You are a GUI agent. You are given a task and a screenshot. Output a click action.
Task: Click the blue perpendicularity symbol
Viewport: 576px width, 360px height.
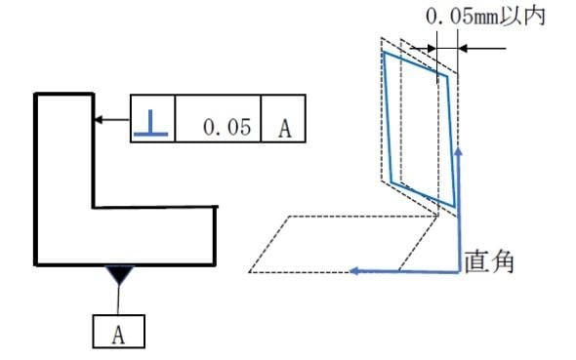151,123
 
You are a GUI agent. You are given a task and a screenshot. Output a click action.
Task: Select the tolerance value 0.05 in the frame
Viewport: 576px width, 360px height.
227,127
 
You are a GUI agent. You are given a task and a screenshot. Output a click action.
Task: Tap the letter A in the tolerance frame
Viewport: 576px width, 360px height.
285,129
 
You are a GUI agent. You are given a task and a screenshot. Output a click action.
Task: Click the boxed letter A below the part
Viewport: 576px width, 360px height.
118,335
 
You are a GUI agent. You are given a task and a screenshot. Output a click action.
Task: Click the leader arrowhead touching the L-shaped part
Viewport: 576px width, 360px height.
99,120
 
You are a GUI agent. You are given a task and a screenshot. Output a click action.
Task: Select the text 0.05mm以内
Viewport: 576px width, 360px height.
485,17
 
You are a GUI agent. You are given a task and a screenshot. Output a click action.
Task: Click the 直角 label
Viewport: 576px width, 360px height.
488,261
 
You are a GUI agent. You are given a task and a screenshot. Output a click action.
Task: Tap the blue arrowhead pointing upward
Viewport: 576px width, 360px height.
458,151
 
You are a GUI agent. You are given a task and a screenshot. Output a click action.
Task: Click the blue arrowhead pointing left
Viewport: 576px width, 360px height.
354,271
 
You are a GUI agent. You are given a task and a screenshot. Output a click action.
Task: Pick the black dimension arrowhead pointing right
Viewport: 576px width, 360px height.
431,48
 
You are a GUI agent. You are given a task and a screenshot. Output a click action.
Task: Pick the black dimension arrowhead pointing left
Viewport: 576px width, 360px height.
463,48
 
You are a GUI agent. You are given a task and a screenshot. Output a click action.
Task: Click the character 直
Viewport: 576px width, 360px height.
476,261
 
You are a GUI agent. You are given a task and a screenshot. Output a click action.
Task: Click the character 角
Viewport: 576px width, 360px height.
502,261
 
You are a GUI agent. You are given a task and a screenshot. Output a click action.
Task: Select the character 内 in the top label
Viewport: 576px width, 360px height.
534,17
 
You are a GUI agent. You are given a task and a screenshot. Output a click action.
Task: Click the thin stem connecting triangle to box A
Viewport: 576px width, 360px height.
118,300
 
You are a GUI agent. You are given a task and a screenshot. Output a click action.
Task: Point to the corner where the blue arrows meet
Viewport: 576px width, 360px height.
459,272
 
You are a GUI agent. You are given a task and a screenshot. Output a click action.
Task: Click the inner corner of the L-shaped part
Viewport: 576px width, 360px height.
94,208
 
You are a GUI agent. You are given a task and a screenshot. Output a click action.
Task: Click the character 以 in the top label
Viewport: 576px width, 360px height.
511,17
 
